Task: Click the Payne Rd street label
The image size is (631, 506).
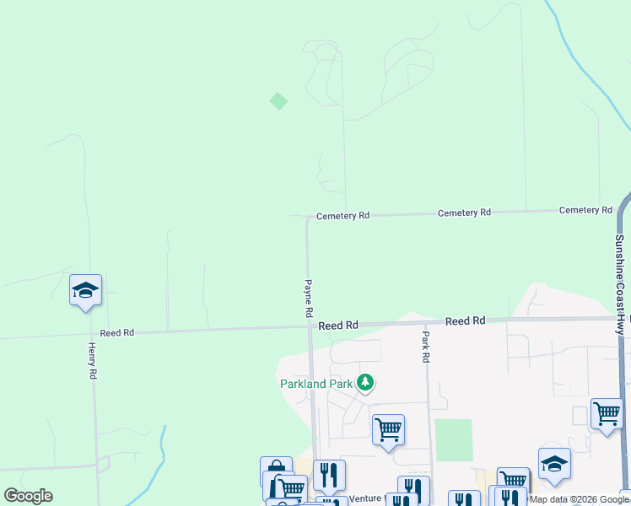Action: coord(309,298)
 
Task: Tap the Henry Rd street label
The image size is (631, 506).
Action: coord(93,360)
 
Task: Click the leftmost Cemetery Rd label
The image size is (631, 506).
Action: coord(342,216)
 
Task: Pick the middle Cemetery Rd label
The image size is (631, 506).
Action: coord(464,213)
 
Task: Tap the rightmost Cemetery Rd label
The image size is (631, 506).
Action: coord(585,210)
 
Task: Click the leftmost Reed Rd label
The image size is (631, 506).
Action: coord(117,333)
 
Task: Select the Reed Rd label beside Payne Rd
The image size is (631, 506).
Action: coord(338,325)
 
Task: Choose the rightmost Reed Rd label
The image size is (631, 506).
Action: coord(465,321)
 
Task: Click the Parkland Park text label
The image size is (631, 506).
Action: coord(315,384)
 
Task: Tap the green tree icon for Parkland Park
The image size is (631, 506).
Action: coord(365,384)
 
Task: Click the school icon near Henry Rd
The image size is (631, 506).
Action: coord(85,291)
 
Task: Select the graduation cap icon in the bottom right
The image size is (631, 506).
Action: coord(554,464)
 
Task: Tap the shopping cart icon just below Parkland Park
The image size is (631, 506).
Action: coord(388,429)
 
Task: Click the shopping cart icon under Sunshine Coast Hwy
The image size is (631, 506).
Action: coord(606,413)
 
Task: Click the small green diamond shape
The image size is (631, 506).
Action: coord(278,101)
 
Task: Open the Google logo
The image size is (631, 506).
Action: coord(28,496)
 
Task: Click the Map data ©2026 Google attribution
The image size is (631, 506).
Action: coord(580,499)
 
